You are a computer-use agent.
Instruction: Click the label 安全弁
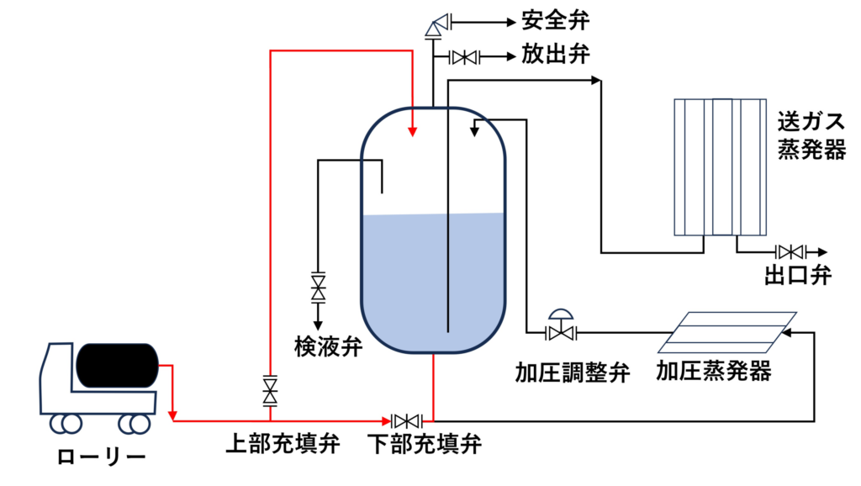tap(555, 18)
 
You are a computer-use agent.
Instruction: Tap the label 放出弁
tap(555, 56)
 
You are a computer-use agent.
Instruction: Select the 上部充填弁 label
tap(285, 443)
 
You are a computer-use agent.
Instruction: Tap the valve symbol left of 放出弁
tap(463, 57)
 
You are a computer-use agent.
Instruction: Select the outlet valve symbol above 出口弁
tap(790, 251)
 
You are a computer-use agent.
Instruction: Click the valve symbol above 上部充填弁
tap(271, 389)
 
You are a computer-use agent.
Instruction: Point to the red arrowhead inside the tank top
tap(412, 131)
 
